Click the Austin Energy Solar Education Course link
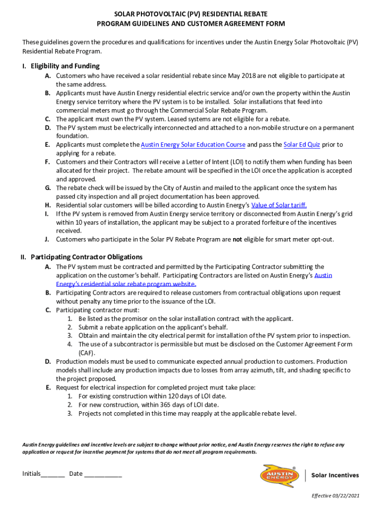click(193, 145)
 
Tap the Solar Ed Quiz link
click(302, 145)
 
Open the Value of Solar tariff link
click(279, 205)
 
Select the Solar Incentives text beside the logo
click(335, 475)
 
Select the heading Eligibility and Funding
click(65, 66)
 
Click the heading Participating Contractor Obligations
click(86, 257)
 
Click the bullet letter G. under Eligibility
click(48, 188)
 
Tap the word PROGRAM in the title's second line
click(114, 24)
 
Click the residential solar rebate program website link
click(126, 284)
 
